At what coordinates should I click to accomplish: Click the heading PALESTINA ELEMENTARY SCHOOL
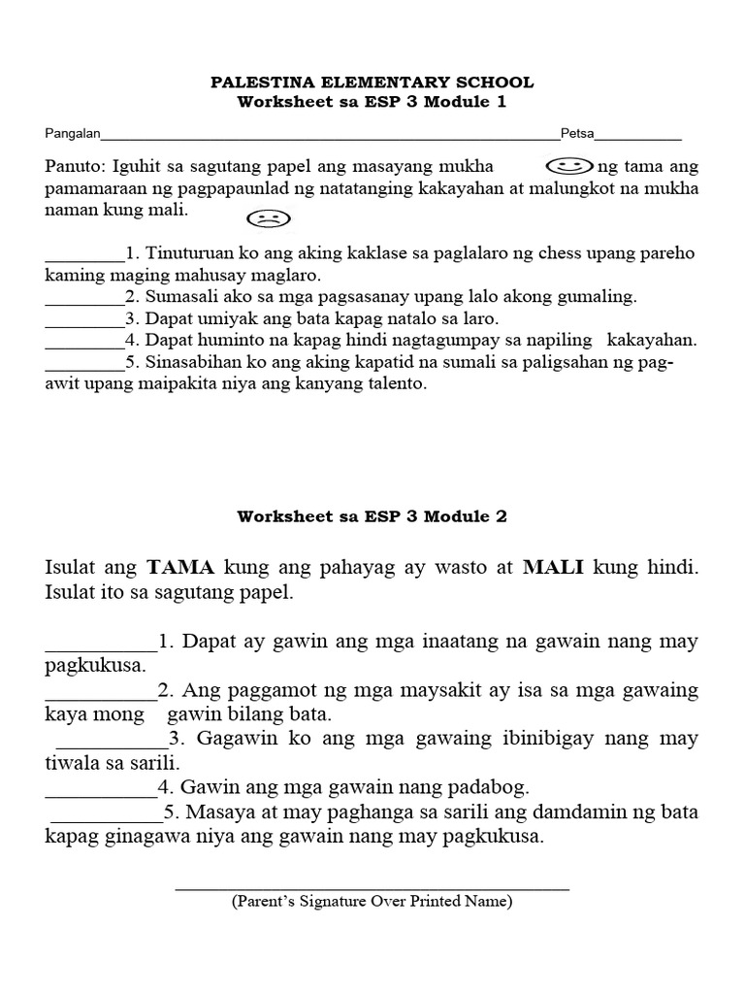click(x=372, y=83)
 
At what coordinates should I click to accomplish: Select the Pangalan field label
click(x=73, y=134)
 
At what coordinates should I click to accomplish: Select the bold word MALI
click(x=553, y=567)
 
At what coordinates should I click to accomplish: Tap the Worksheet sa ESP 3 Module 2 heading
click(x=372, y=516)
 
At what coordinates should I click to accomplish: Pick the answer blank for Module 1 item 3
click(x=84, y=319)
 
